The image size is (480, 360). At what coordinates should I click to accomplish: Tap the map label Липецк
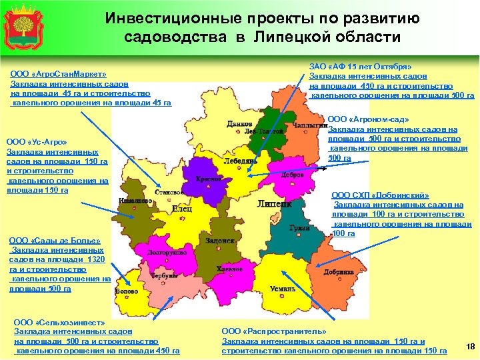(274, 204)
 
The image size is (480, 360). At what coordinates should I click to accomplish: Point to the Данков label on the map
(239, 123)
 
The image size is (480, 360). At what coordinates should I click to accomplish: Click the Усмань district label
(283, 289)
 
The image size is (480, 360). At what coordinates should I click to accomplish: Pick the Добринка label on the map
(339, 272)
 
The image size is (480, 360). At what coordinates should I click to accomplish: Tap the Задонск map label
(219, 241)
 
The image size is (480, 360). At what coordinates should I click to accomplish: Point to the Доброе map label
(293, 174)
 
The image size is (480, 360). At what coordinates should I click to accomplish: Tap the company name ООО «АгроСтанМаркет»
(59, 74)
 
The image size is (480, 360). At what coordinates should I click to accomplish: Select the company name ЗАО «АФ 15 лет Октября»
(361, 67)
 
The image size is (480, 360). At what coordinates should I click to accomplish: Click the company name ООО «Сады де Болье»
(53, 241)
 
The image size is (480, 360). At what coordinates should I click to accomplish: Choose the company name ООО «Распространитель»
(274, 331)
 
